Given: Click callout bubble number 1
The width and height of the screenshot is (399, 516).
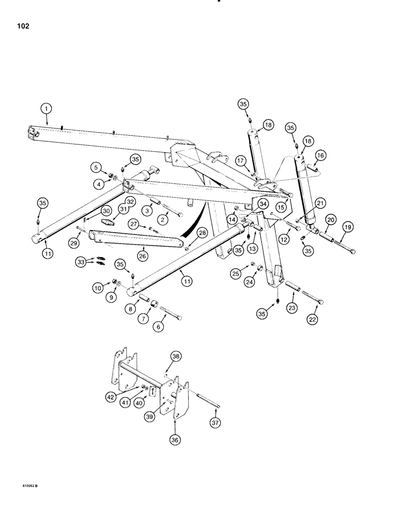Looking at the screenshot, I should pyautogui.click(x=47, y=109).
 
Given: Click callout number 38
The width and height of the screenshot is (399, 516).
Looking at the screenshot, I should pyautogui.click(x=177, y=357).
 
